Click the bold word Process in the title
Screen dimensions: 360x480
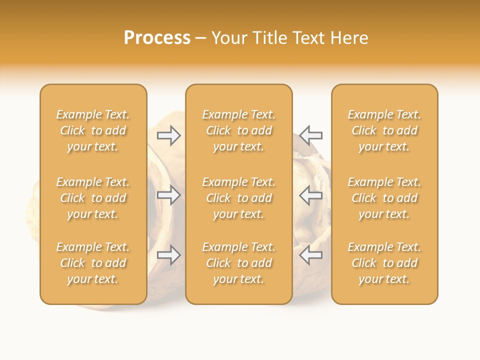tap(157, 38)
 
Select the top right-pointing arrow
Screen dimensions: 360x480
tap(169, 135)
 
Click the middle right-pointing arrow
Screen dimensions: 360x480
tap(169, 195)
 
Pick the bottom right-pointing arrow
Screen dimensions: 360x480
tap(169, 255)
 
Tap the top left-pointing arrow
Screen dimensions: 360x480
tap(311, 135)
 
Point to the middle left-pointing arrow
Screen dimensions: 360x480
tap(311, 195)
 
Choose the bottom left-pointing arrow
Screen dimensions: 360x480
tap(311, 255)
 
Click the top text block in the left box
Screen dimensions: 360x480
tap(93, 130)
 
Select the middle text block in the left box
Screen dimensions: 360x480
tap(93, 198)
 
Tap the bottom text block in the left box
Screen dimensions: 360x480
tap(93, 263)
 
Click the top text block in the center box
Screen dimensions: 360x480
tap(238, 130)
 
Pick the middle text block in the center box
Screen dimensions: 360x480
tap(238, 198)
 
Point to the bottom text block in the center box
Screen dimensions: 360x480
tap(238, 263)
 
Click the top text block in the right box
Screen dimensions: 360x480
tap(384, 130)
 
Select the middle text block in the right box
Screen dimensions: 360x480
tap(384, 198)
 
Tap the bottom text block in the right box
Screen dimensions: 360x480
tap(384, 263)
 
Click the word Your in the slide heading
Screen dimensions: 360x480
tap(228, 38)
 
